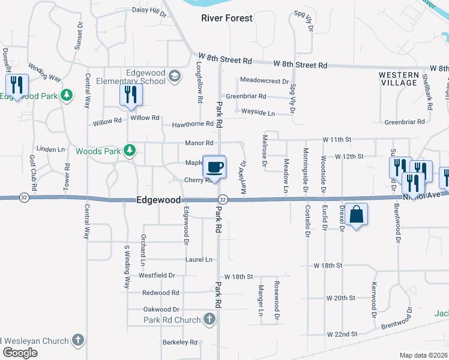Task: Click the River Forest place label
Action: [226, 18]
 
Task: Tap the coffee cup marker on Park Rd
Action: [214, 166]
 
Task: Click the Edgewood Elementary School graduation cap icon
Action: [174, 75]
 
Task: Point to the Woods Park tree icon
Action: [128, 151]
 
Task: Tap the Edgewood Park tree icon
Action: [67, 95]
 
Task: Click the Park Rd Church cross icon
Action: [209, 319]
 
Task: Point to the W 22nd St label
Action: [342, 334]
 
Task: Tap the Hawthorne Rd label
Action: [193, 124]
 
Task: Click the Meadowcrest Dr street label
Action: [264, 80]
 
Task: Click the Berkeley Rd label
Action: [180, 342]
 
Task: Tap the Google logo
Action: [20, 352]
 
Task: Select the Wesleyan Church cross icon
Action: [77, 341]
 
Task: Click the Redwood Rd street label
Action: [160, 293]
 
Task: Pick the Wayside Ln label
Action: [258, 112]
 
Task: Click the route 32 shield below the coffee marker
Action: [222, 199]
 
